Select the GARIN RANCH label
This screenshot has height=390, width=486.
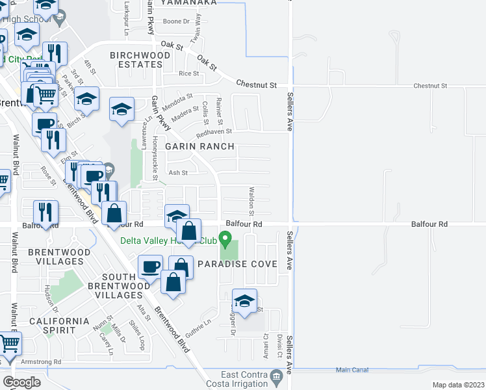pyautogui.click(x=199, y=146)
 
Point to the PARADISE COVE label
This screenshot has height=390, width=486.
pyautogui.click(x=237, y=265)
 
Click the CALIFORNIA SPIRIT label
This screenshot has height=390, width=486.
pyautogui.click(x=59, y=326)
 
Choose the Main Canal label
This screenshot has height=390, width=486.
pyautogui.click(x=352, y=370)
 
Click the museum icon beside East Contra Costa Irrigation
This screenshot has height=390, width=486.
pyautogui.click(x=277, y=375)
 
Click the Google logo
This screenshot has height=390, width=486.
pyautogui.click(x=21, y=382)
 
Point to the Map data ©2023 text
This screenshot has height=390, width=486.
pyautogui.click(x=458, y=385)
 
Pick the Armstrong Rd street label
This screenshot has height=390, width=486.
pyautogui.click(x=40, y=361)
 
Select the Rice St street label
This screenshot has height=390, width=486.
pyautogui.click(x=188, y=73)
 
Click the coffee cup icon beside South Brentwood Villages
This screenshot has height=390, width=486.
pyautogui.click(x=150, y=266)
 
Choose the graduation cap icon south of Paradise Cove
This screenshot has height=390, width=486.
pyautogui.click(x=244, y=300)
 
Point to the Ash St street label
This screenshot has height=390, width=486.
pyautogui.click(x=178, y=173)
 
